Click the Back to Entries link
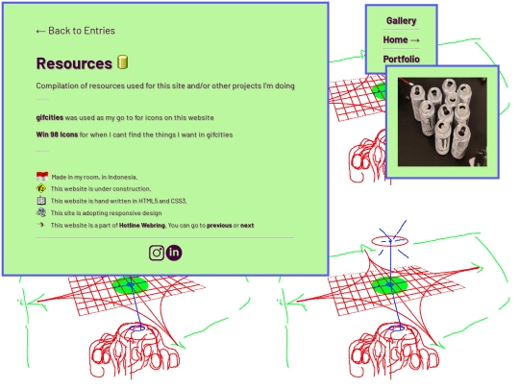tap(76, 31)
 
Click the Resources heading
tap(74, 63)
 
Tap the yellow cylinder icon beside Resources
tap(122, 62)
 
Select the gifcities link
tap(50, 118)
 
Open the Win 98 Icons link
tap(57, 134)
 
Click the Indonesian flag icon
tap(42, 176)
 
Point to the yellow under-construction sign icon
tap(41, 188)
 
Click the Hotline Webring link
tap(142, 226)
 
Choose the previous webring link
tap(219, 226)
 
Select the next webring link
tap(247, 226)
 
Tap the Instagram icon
tap(157, 253)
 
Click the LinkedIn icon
tap(174, 253)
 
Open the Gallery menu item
tap(401, 21)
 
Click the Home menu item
tap(401, 40)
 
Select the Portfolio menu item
tap(401, 60)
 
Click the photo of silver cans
tap(442, 122)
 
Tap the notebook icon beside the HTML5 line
tap(41, 201)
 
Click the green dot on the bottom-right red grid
tap(389, 285)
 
